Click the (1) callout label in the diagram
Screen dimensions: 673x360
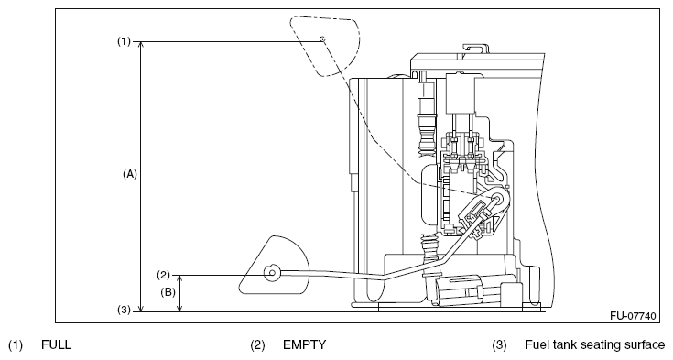tap(124, 41)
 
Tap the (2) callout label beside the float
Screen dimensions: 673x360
tap(164, 275)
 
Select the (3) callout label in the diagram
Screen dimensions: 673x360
tap(124, 310)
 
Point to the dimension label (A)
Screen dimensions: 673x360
tap(130, 174)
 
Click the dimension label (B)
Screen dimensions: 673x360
tap(168, 292)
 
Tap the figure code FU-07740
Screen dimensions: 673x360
tap(633, 316)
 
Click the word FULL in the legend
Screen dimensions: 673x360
tap(56, 345)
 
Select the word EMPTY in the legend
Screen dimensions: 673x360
tap(304, 345)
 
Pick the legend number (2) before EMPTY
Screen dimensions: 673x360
tap(258, 345)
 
